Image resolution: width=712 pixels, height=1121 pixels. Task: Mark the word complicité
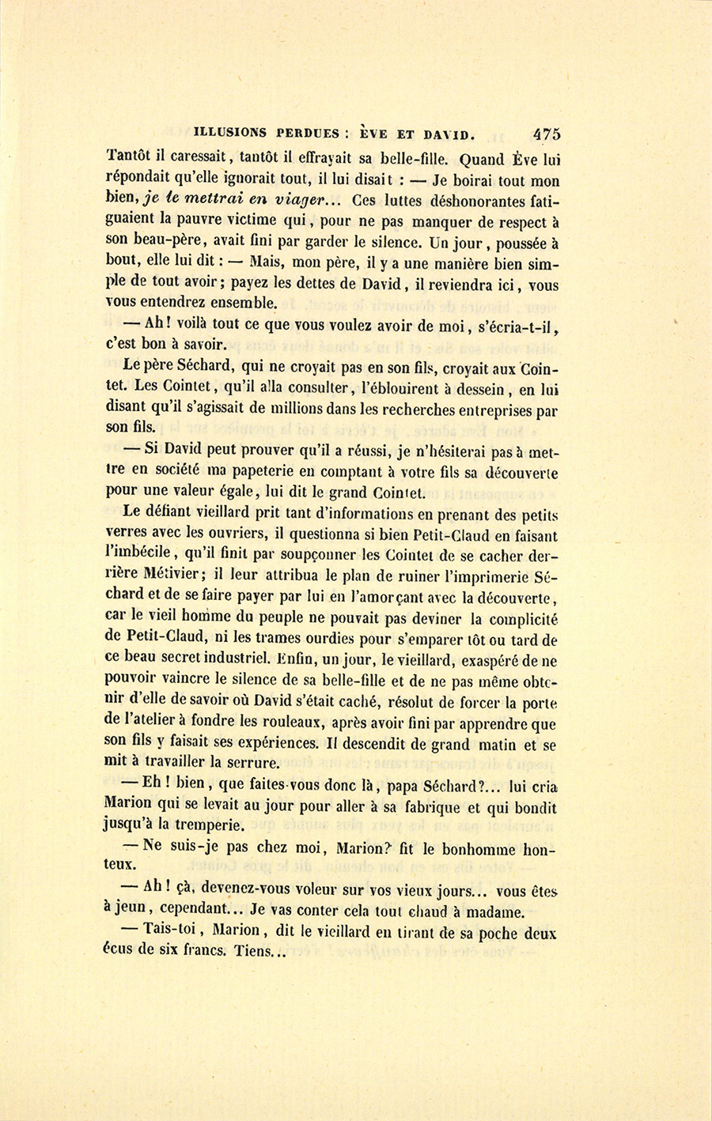point(517,615)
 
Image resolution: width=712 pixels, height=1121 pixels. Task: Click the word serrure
point(252,764)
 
